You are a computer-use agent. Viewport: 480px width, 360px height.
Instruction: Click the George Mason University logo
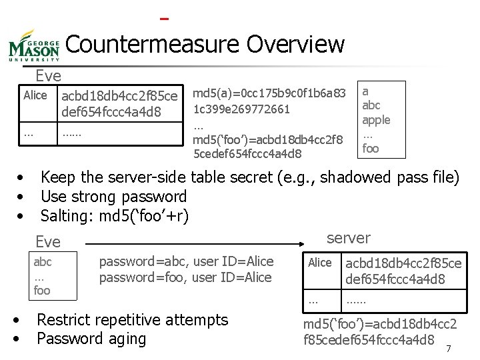coord(35,47)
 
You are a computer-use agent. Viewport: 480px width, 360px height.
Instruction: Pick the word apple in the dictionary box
coord(376,120)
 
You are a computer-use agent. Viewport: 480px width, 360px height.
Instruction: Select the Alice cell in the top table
coord(35,95)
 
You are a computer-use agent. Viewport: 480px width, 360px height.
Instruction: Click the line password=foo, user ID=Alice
coord(185,277)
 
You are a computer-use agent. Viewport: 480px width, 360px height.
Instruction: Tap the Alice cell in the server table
coord(319,263)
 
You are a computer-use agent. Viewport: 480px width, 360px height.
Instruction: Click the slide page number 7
coord(448,348)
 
